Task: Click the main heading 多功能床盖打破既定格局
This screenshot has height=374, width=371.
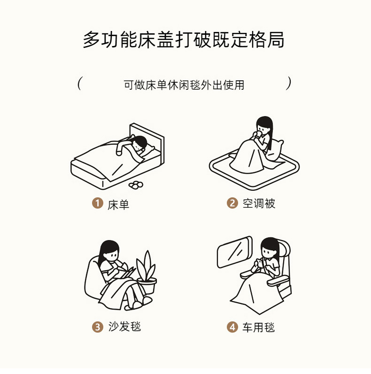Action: (183, 39)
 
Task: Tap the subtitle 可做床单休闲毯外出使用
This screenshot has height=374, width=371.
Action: (184, 85)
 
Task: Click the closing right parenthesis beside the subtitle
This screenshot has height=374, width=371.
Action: (288, 83)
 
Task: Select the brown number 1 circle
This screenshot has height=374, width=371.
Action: (98, 203)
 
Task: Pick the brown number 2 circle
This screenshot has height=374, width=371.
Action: (232, 203)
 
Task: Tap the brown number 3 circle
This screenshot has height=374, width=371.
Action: (98, 327)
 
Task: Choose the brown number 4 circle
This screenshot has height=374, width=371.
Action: (232, 327)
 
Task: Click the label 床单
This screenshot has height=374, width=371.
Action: (118, 205)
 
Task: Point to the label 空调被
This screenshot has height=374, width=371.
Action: (259, 204)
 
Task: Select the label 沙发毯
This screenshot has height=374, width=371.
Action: (124, 326)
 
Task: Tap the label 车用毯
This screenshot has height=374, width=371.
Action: (259, 327)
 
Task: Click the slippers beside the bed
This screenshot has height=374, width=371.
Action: (136, 185)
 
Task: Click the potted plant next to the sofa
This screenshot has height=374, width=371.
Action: (147, 272)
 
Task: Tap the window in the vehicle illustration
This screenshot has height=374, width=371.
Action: (234, 252)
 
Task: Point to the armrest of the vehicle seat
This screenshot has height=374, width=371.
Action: (278, 281)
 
